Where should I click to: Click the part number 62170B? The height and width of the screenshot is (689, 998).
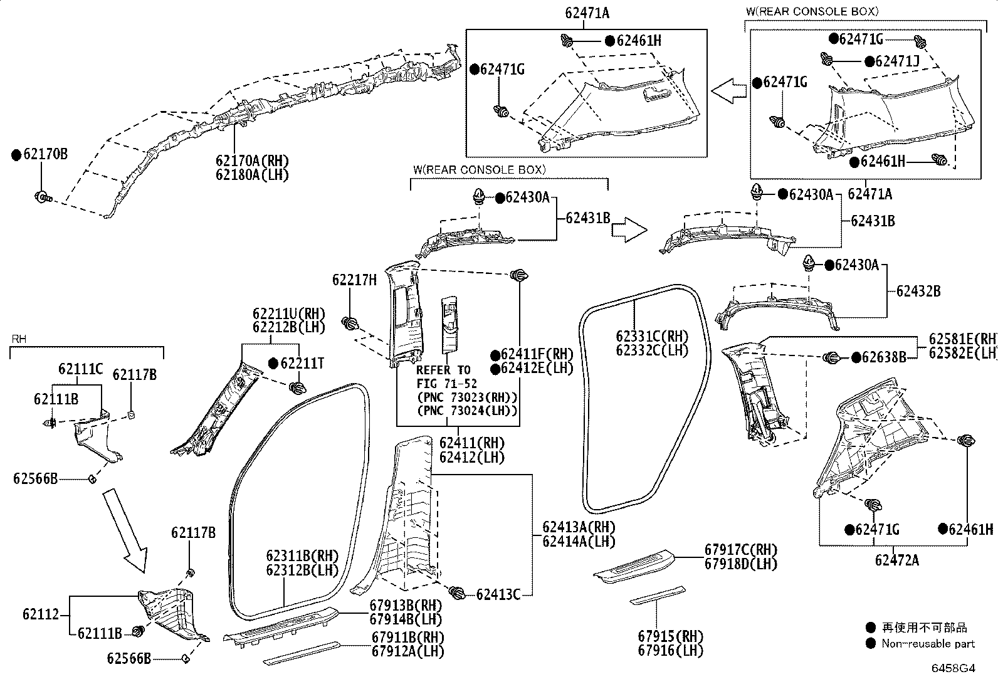coord(45,154)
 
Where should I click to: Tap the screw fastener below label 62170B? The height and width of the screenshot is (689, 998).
coord(43,196)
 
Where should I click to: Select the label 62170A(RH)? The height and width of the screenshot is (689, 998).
coord(252,160)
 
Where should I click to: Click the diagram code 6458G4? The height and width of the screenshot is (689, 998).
coord(953,668)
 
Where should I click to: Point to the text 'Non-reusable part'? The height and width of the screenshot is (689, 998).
coord(928,644)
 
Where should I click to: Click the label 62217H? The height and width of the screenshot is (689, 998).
coord(354,280)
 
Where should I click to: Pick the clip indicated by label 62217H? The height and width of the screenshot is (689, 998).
coord(350,323)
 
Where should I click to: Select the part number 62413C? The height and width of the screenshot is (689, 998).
coord(498,594)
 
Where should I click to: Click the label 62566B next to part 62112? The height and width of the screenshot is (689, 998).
coord(129,658)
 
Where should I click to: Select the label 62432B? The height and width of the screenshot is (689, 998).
coord(918,291)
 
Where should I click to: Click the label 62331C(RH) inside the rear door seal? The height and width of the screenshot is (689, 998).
coord(652,336)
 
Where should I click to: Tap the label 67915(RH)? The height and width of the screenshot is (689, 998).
coord(671,636)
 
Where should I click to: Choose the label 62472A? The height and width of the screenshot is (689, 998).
coord(897,560)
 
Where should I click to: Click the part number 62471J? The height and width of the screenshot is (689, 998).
coord(897,61)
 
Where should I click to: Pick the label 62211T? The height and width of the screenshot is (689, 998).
coord(302,364)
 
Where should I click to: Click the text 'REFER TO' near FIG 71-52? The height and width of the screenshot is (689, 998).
coord(443,370)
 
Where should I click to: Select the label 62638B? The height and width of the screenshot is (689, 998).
coord(884,357)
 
